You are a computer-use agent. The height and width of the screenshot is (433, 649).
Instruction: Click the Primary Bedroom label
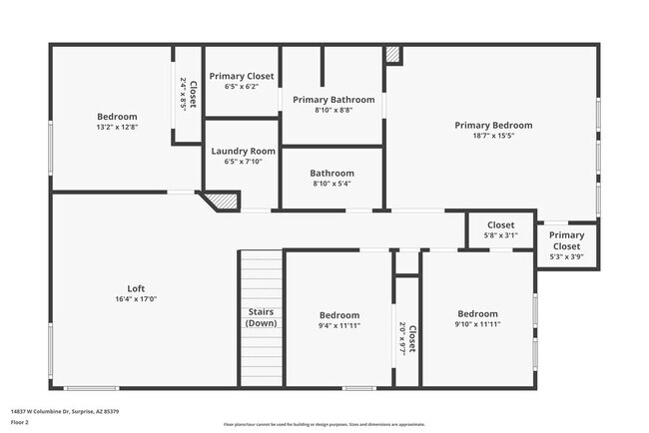coord(493,126)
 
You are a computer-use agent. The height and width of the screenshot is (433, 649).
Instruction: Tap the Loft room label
coord(136,289)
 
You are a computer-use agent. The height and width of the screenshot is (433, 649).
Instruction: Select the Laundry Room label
coord(243,151)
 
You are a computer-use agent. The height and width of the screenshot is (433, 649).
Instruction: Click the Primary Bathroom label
coord(333,100)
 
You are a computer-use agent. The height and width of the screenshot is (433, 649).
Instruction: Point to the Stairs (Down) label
coord(262,317)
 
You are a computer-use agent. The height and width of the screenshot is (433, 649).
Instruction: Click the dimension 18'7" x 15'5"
coord(493,138)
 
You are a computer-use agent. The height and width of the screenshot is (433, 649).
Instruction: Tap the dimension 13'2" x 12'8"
coord(117,128)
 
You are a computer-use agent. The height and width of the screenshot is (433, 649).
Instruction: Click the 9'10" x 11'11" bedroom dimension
coord(477,325)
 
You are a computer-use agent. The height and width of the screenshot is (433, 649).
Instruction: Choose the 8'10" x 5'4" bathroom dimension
coord(332,184)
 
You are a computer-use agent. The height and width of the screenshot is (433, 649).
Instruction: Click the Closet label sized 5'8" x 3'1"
coord(500,225)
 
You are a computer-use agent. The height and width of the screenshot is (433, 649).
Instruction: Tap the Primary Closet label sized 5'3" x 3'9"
coord(566,240)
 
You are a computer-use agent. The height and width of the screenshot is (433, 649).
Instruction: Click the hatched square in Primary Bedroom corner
coord(393,55)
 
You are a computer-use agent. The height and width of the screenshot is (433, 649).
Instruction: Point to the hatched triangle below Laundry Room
coord(225,202)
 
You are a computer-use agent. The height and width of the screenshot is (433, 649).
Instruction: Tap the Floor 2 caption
coord(20,422)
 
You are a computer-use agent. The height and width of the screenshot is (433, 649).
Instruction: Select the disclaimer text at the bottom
coord(324,424)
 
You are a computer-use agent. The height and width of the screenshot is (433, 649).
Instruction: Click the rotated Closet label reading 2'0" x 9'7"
coord(408,337)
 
